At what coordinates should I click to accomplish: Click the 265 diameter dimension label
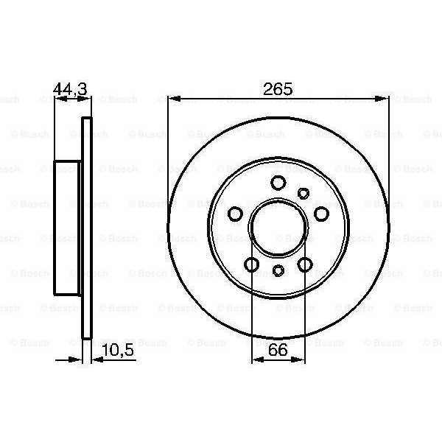pos(278,89)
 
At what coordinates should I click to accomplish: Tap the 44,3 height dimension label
pos(71,89)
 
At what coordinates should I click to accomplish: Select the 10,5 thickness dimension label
pos(118,351)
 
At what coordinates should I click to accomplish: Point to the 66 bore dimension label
pos(278,349)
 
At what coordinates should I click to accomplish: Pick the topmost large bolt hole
pos(278,183)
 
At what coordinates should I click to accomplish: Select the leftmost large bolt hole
pos(235,214)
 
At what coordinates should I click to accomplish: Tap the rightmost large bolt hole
pos(321,214)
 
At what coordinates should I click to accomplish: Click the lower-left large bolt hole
pos(251,264)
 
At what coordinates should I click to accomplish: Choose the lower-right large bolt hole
pos(305,264)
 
